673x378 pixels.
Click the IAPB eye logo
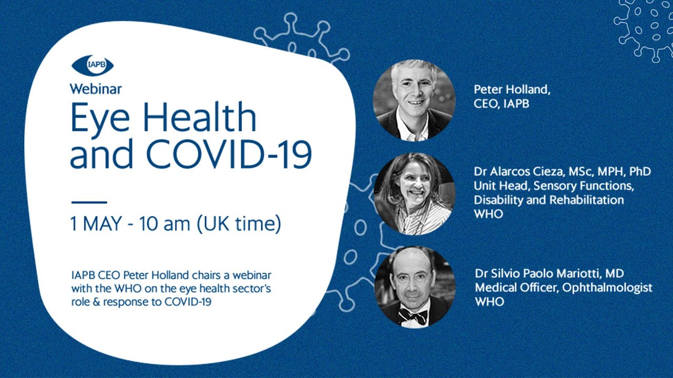93,65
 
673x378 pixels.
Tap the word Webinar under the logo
96,89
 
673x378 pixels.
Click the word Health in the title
199,117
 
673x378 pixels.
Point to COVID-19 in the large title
229,154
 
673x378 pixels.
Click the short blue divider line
89,202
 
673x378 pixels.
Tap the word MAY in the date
102,224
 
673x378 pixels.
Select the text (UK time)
239,224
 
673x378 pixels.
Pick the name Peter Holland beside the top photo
512,89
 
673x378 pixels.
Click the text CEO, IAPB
502,104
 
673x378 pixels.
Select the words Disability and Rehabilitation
548,200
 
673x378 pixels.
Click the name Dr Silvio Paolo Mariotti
537,274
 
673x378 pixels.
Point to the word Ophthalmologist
607,288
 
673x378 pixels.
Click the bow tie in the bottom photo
413,316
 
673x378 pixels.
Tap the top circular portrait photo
414,100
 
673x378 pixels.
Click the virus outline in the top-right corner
645,29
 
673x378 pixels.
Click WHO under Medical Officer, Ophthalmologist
490,302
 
